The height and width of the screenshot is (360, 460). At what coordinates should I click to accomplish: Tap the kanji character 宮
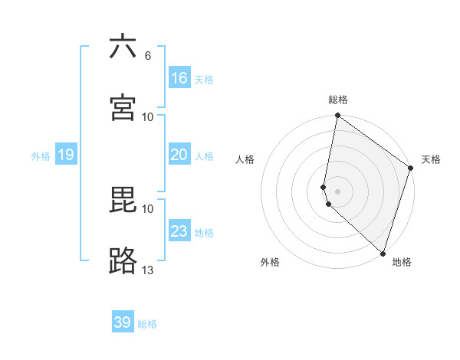point(123,107)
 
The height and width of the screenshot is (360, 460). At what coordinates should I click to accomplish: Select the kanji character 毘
point(123,200)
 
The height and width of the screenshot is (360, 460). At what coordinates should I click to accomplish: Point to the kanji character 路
point(123,261)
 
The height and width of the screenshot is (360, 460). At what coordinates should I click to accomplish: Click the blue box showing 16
point(179,77)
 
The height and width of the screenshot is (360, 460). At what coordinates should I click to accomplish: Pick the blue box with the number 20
point(179,155)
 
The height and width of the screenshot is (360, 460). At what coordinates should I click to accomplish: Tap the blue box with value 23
point(179,231)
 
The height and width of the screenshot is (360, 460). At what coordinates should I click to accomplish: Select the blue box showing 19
point(66,155)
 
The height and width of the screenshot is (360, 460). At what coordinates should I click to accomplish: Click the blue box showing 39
point(123,322)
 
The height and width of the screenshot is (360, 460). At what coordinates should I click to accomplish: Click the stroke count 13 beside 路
point(148,270)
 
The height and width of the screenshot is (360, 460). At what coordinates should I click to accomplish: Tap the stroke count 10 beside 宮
point(148,116)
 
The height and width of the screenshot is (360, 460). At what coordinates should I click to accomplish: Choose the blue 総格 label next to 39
point(147,324)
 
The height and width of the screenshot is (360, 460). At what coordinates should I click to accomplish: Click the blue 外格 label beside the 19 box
point(41,156)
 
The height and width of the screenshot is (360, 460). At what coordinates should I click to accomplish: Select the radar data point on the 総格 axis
point(337,116)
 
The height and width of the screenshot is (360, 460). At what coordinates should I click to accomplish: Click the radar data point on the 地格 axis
point(383,254)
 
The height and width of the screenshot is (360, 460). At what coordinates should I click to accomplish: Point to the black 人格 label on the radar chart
point(245,159)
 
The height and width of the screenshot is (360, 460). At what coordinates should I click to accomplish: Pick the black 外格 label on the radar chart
point(270,262)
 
